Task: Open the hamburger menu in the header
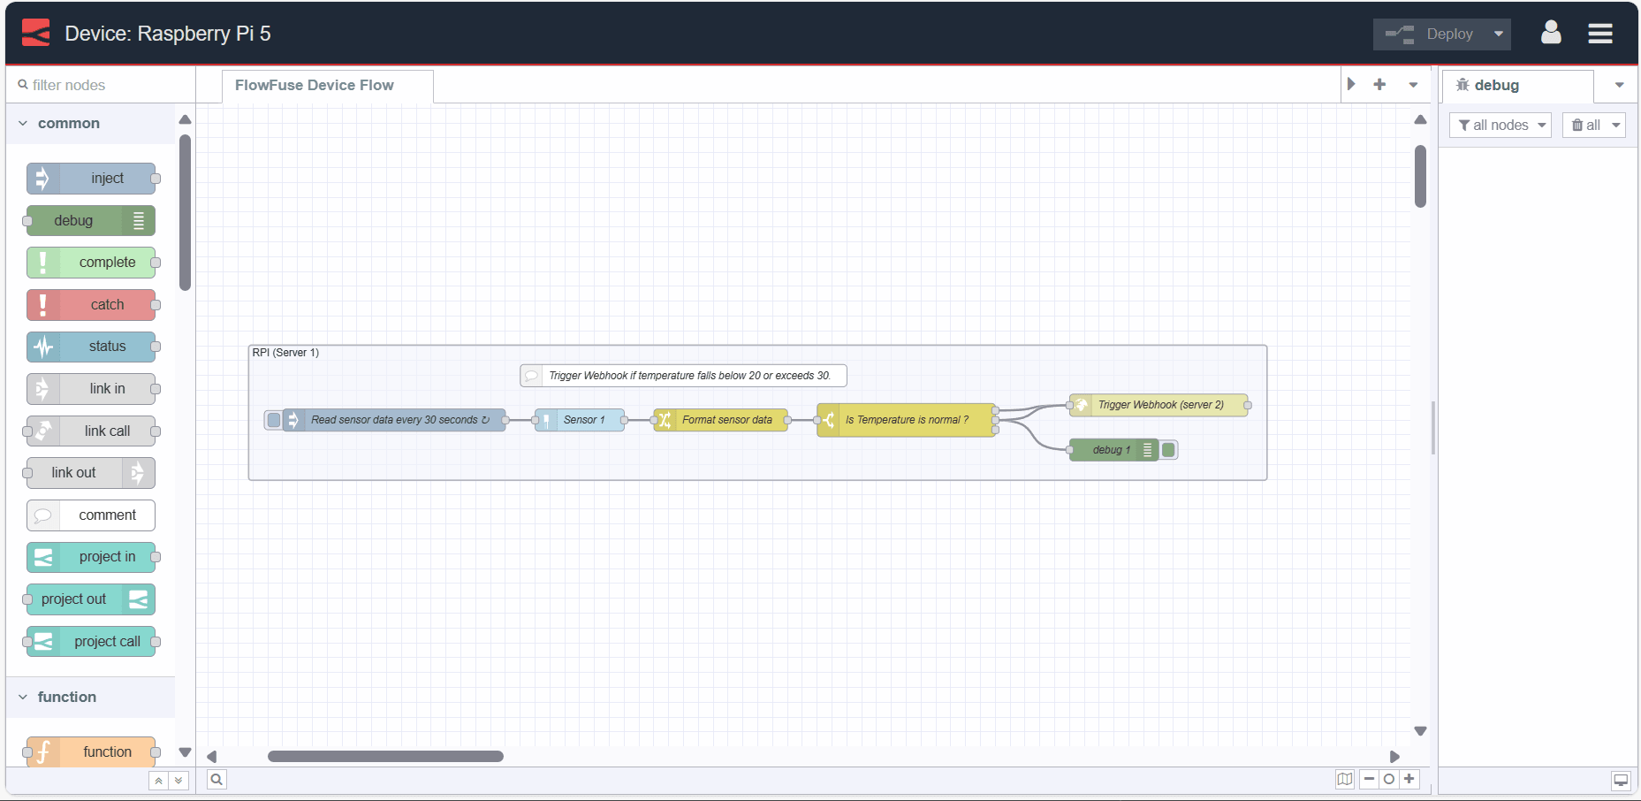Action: pos(1599,34)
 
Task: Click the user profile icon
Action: pos(1550,34)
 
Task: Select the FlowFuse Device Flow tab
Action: pos(315,86)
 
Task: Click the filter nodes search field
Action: pos(102,86)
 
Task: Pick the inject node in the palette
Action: pos(91,179)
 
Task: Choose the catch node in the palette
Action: pos(91,305)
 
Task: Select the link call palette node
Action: pos(91,431)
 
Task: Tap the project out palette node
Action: pos(91,599)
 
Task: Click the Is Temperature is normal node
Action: pos(906,420)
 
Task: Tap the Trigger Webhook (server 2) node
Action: pos(1159,405)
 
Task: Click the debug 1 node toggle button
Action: pos(1168,450)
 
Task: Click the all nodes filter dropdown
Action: pos(1500,126)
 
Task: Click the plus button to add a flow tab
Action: pos(1379,85)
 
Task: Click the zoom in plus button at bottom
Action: pos(1409,779)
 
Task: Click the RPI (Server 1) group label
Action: pos(285,353)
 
